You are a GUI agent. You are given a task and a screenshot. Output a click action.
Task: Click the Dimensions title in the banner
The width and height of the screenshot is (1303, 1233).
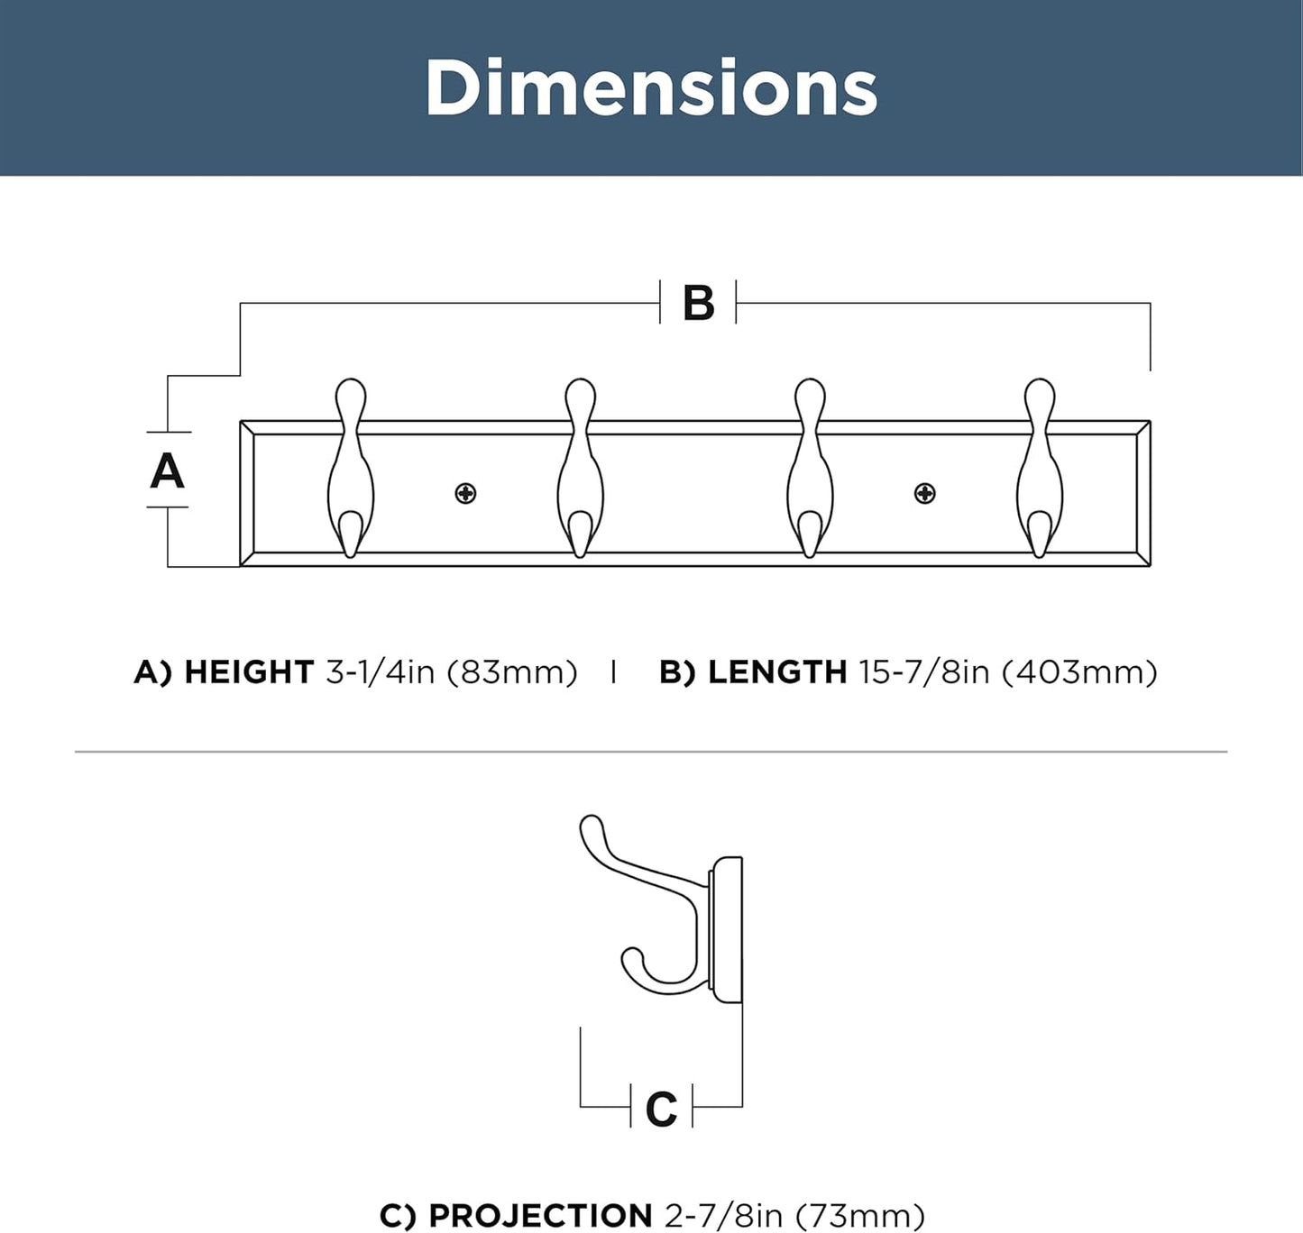651,88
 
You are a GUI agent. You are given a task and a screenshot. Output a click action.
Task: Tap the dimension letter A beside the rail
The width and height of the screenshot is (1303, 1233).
167,471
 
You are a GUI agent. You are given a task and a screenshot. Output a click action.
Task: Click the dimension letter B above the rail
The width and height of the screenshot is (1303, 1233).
699,303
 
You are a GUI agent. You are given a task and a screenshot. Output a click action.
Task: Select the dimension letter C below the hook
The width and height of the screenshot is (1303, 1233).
661,1109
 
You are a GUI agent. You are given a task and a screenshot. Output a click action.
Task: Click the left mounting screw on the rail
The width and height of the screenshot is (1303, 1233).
465,493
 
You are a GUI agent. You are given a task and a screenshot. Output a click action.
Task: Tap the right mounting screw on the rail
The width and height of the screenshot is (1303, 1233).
924,493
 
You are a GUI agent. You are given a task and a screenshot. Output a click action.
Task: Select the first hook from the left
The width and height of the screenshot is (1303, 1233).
350,469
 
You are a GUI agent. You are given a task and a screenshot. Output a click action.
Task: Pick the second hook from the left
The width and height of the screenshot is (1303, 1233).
580,469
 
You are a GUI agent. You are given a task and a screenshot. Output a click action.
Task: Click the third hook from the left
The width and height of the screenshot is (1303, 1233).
810,469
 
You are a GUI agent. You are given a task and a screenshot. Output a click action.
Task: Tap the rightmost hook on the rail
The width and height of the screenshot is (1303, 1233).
1040,469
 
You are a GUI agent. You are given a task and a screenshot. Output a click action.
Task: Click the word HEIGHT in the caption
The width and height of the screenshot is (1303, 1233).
248,672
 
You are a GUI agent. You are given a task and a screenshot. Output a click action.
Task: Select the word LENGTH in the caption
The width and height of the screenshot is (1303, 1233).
776,672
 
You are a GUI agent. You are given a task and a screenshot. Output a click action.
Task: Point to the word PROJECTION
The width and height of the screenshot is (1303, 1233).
540,1215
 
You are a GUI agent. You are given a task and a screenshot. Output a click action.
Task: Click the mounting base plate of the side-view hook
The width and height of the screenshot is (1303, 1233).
727,930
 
